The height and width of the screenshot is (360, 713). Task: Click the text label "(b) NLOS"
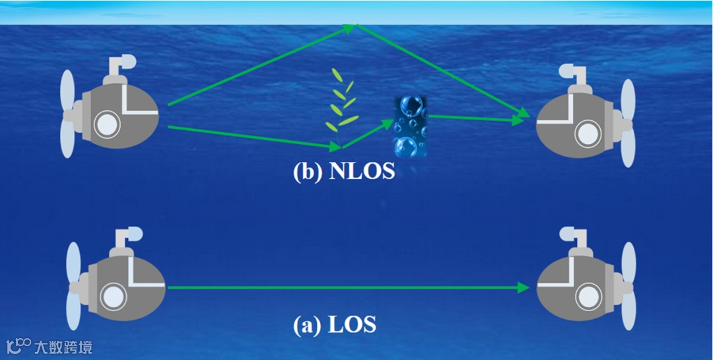(x=343, y=172)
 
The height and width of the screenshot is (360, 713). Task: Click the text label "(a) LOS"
(x=335, y=325)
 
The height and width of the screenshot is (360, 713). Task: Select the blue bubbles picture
(x=410, y=126)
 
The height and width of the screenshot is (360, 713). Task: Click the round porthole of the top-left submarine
(x=105, y=122)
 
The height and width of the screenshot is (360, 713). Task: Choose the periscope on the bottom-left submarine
(x=128, y=234)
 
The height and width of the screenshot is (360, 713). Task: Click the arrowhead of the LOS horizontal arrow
(x=524, y=287)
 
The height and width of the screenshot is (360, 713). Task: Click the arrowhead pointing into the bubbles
(x=389, y=123)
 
